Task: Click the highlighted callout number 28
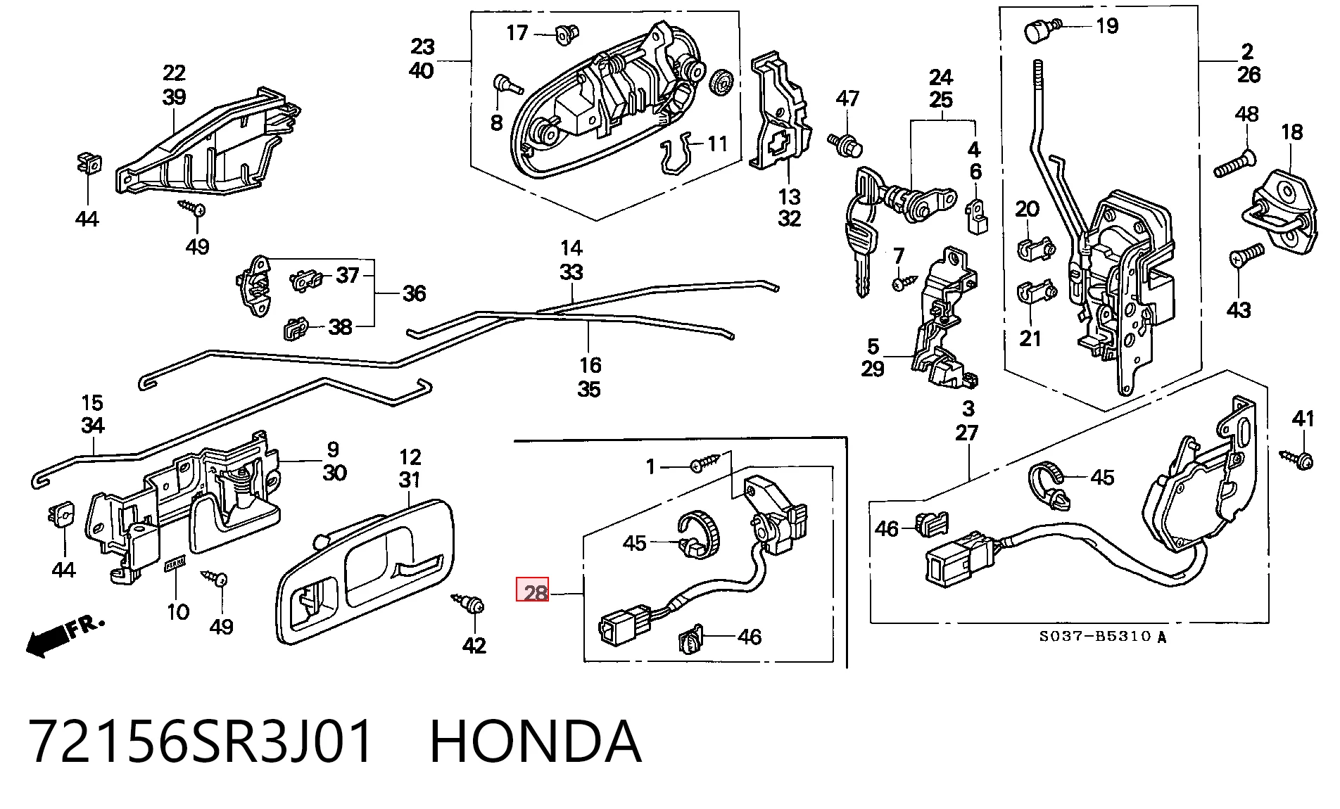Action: click(x=533, y=590)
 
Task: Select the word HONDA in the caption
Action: click(x=535, y=741)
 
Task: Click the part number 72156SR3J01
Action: click(x=201, y=741)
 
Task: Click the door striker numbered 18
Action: click(x=1281, y=211)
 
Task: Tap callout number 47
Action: click(x=847, y=98)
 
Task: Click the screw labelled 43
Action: click(x=1246, y=254)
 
